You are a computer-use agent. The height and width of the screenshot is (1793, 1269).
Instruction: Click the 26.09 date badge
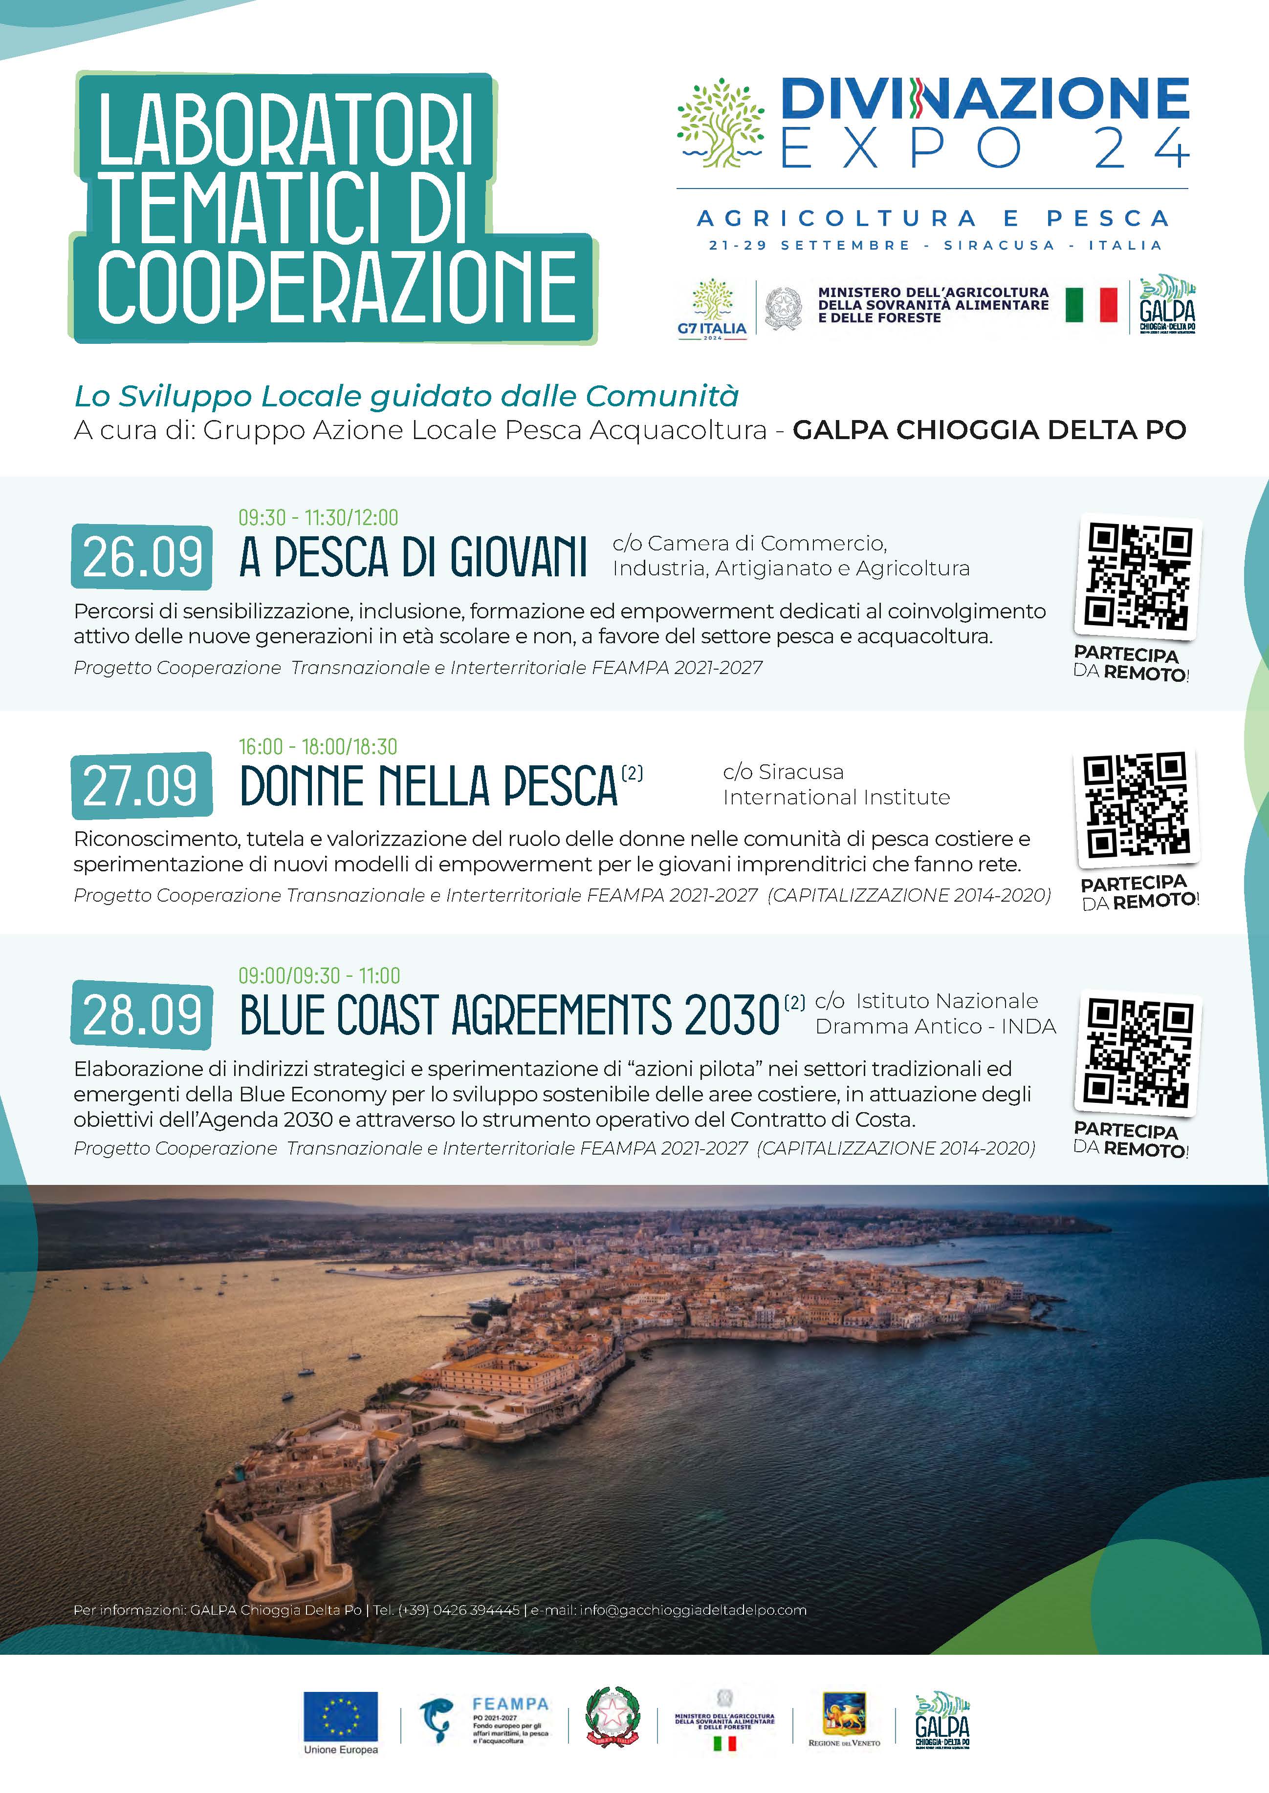141,557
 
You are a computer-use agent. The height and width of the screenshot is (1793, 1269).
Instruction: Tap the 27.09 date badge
141,785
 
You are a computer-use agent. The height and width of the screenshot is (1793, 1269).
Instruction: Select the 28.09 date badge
141,1014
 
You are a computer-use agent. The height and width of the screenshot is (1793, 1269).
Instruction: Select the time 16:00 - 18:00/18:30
318,747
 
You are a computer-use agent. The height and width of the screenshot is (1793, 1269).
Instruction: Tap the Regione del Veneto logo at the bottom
844,1716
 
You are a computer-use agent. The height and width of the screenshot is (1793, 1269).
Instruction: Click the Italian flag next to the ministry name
1091,305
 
